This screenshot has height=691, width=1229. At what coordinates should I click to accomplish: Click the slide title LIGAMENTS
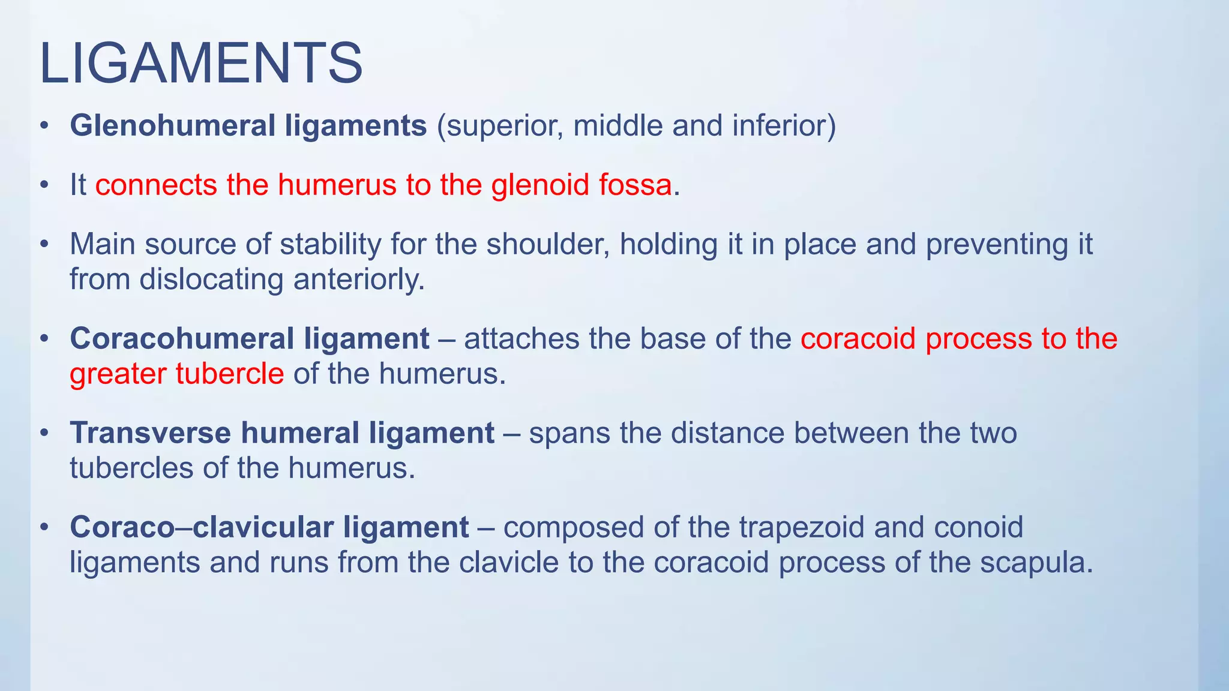[201, 63]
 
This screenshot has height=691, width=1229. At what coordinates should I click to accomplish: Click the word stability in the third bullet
[330, 244]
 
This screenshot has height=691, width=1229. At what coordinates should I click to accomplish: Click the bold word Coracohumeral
[182, 339]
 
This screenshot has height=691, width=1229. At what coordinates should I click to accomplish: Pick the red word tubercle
[229, 374]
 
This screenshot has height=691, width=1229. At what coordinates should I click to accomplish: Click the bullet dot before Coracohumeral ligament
[44, 340]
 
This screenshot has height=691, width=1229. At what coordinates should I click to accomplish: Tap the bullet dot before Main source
[44, 245]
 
